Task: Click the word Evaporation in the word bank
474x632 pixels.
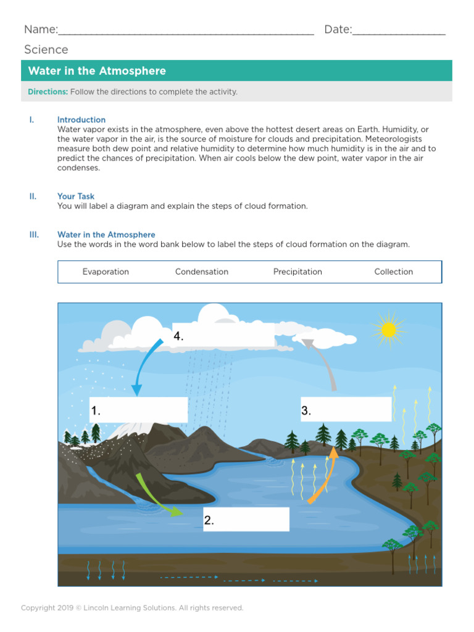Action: (106, 272)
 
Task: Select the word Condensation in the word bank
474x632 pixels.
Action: (202, 272)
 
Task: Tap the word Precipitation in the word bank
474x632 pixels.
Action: (297, 272)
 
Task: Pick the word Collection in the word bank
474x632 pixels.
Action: (393, 272)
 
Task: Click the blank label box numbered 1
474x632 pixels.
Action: (138, 410)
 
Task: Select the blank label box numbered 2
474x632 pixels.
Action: (246, 520)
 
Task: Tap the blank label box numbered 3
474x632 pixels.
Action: (346, 409)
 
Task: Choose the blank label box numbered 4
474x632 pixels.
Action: (223, 335)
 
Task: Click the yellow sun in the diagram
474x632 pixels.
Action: (388, 330)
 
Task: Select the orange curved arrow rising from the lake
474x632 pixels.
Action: (325, 475)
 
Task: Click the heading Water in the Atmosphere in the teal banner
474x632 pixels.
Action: (97, 71)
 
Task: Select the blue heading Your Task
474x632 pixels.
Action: (76, 196)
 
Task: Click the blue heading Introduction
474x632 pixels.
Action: (81, 120)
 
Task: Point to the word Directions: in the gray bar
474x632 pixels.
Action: (48, 92)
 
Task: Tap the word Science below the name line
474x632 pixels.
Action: (46, 49)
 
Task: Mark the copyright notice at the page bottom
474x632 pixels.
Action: (132, 608)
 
